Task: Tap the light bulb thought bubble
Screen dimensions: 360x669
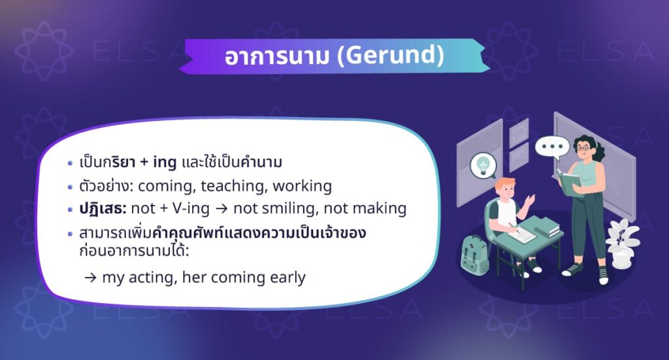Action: pos(483,165)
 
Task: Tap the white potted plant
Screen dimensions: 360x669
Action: pos(622,242)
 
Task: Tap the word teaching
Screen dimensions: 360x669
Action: pos(233,186)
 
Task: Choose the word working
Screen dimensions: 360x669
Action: pos(302,186)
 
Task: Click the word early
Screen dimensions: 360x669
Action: pos(287,277)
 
